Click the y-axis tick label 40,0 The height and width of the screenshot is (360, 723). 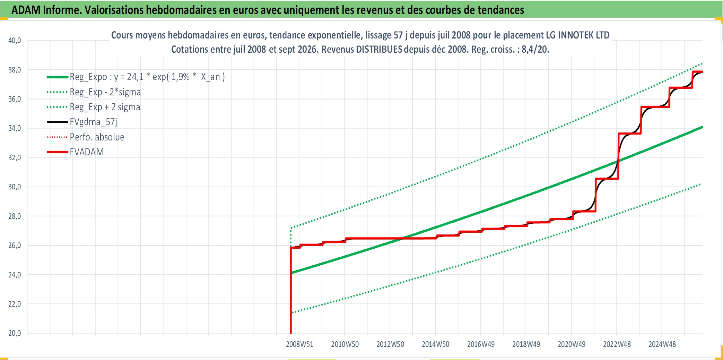pyautogui.click(x=15, y=41)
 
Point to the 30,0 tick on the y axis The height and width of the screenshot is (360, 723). pyautogui.click(x=15, y=187)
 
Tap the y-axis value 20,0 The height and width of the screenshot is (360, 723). pyautogui.click(x=15, y=333)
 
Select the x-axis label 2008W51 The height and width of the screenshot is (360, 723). pyautogui.click(x=299, y=344)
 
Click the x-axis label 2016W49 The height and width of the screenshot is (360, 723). pyautogui.click(x=481, y=344)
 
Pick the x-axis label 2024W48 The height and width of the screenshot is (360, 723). pyautogui.click(x=662, y=344)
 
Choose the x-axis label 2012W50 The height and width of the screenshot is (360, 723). pyautogui.click(x=390, y=344)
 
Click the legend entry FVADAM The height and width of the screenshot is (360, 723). pyautogui.click(x=87, y=152)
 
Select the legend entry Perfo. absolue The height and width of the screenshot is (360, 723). pyautogui.click(x=97, y=137)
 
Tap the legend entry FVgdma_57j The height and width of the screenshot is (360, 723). pyautogui.click(x=94, y=122)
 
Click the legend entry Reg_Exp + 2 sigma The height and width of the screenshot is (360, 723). pyautogui.click(x=105, y=107)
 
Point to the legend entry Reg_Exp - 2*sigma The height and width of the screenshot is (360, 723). pyautogui.click(x=105, y=92)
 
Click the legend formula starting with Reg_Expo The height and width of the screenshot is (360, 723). pyautogui.click(x=147, y=77)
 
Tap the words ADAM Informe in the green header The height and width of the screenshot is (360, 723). pyautogui.click(x=46, y=10)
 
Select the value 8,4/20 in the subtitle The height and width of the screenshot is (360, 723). pyautogui.click(x=535, y=49)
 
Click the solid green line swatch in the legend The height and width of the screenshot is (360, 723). pyautogui.click(x=58, y=77)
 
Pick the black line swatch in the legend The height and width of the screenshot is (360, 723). pyautogui.click(x=58, y=122)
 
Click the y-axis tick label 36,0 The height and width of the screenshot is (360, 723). pyautogui.click(x=15, y=99)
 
